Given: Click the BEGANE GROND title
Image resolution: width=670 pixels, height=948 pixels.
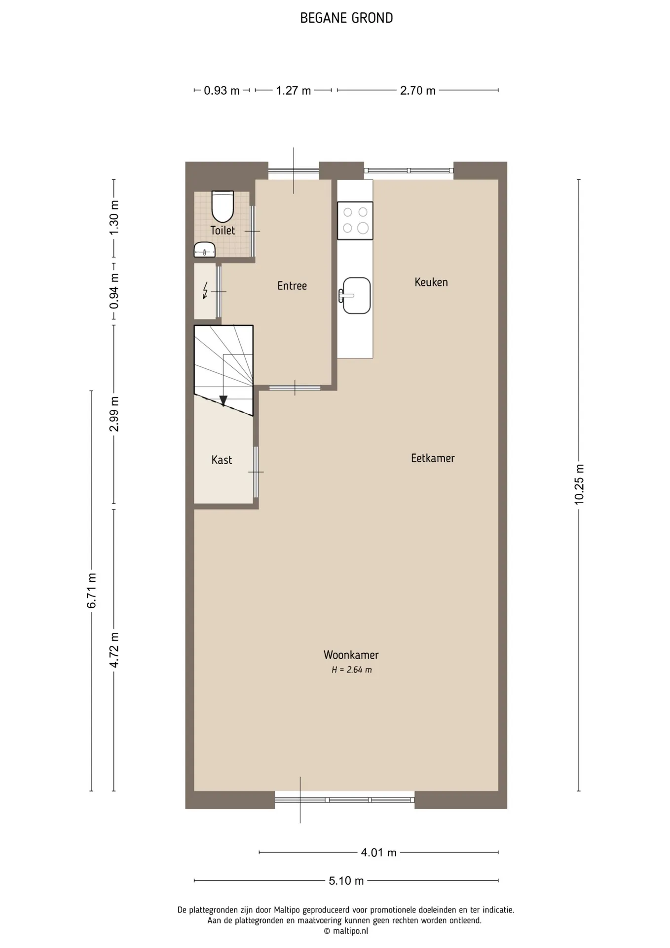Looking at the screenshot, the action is [346, 18].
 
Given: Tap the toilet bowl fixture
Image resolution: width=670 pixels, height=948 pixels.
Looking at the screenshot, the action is [223, 206].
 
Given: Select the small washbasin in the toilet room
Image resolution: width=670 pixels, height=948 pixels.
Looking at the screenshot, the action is [204, 250].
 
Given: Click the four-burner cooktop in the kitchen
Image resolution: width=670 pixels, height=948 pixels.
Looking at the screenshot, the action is [355, 220].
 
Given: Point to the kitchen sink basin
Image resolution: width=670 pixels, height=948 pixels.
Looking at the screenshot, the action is [356, 295].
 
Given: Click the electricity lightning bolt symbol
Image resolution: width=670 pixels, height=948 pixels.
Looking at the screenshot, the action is [205, 290].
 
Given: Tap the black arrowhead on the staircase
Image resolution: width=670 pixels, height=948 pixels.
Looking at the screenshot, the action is [223, 401].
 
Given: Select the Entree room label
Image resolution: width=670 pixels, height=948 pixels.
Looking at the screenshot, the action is [292, 286].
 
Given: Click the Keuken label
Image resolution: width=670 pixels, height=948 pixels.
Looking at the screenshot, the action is [431, 282].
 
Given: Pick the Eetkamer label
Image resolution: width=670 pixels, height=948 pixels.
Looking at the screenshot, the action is [433, 458].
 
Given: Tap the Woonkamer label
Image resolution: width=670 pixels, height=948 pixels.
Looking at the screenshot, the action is [351, 655].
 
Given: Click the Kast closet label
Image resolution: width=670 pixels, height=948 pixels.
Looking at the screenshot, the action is [222, 460].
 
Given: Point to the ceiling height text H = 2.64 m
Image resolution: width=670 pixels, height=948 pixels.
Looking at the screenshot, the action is [352, 670].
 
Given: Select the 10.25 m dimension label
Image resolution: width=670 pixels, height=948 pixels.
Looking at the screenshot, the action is [579, 484].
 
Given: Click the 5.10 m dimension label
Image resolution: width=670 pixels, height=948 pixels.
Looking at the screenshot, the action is [346, 880].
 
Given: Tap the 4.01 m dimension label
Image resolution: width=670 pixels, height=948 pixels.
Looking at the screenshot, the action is [379, 852].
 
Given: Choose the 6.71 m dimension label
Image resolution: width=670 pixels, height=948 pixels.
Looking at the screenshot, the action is [92, 591].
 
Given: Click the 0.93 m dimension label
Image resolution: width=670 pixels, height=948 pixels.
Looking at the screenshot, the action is [222, 91].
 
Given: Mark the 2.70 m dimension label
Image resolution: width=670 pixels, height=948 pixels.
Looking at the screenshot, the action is [418, 91].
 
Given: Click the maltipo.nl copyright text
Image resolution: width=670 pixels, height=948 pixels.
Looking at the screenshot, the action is [346, 931].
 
